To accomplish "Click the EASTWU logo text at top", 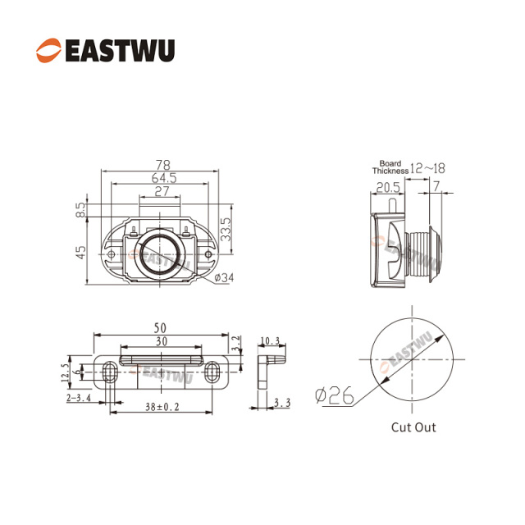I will click(x=119, y=51).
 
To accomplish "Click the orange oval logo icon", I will click(x=48, y=51).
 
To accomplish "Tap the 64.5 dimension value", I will click(x=162, y=178).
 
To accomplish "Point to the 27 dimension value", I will click(x=162, y=192).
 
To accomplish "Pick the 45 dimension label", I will click(x=81, y=253).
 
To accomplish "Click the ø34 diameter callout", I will click(x=223, y=278).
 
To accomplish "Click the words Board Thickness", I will click(x=390, y=167).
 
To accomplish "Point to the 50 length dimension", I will click(x=161, y=329).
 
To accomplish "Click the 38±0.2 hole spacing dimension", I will click(x=160, y=405).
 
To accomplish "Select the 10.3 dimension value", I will click(x=272, y=340).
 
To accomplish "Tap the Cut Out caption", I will click(x=413, y=427).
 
